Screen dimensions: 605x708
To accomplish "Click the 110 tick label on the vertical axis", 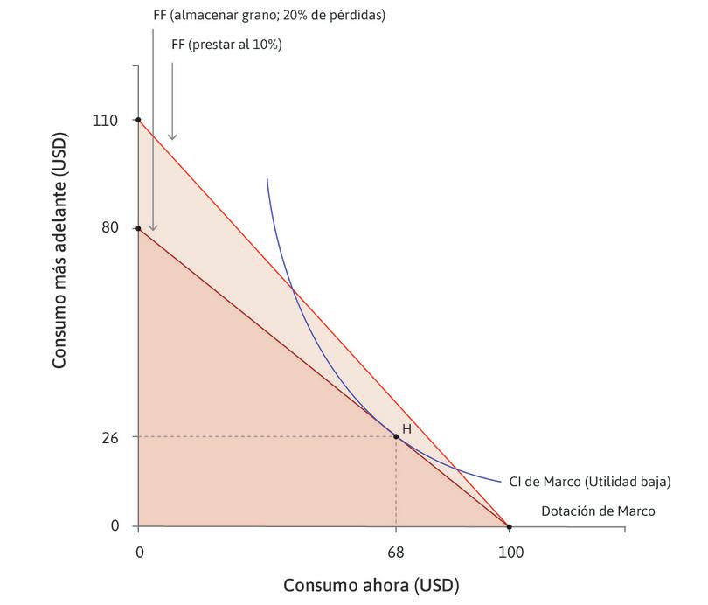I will pos(105,120).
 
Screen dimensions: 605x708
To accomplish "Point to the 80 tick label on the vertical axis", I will pos(108,229).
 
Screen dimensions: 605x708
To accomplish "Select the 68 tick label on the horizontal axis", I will pos(396,553).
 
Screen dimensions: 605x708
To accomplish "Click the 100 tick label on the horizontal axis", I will pos(510,553).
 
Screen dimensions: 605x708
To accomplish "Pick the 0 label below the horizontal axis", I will pos(138,553).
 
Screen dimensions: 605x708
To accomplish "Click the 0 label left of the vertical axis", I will pos(115,526).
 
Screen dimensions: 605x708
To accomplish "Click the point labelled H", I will pos(396,435).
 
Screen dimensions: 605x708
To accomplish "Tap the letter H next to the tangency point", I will pos(406,429).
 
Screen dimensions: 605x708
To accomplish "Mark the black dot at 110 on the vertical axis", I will pos(138,120).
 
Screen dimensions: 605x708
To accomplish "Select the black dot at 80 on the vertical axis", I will pos(138,229).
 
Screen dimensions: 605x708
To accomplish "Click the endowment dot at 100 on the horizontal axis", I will pos(510,526).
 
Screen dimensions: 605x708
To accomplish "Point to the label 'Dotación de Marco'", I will pos(598,511).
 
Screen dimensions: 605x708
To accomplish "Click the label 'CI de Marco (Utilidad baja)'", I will pos(590,481).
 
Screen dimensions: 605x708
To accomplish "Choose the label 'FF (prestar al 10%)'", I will pos(226,45).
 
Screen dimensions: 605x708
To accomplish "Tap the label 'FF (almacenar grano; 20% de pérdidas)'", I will pos(268,16).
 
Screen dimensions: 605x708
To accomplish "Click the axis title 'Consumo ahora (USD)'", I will pos(371,584).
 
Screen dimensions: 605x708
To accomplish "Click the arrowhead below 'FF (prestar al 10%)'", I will pos(172,136).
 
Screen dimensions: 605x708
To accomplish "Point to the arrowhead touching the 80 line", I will pos(153,227).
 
